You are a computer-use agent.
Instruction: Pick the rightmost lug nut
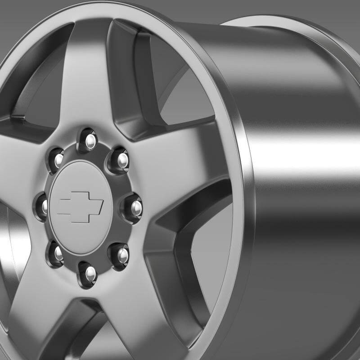point(134,207)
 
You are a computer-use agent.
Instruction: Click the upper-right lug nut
point(120,158)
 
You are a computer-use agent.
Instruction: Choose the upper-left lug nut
point(57,157)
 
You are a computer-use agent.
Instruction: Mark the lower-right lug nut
point(121,255)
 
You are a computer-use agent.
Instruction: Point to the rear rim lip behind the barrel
point(270,22)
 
